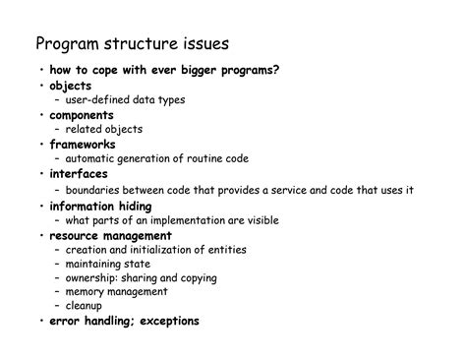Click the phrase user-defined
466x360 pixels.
(x=100, y=99)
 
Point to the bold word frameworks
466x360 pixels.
(x=82, y=145)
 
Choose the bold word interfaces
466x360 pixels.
(x=80, y=174)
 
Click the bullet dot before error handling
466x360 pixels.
(x=41, y=322)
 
